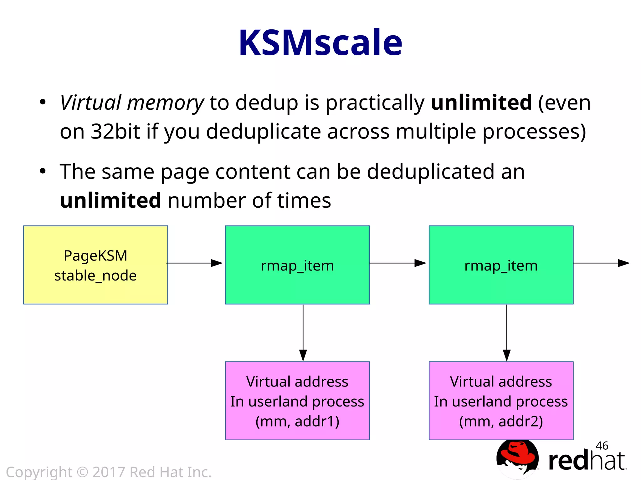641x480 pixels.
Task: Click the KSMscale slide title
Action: pyautogui.click(x=320, y=43)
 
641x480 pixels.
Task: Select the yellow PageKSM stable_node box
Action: pyautogui.click(x=95, y=265)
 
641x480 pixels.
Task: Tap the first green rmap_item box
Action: pyautogui.click(x=297, y=265)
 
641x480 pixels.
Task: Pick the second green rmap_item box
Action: pyautogui.click(x=501, y=265)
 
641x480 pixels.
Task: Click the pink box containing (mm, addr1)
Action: pyautogui.click(x=297, y=401)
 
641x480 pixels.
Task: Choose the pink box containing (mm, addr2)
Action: pyautogui.click(x=501, y=401)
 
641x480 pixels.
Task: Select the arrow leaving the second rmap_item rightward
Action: pyautogui.click(x=601, y=263)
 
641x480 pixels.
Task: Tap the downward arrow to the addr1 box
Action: pyautogui.click(x=303, y=333)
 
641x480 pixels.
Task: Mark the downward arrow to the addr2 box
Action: pyautogui.click(x=507, y=333)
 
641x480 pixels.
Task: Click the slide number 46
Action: pyautogui.click(x=602, y=446)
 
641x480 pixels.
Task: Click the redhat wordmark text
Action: pyautogui.click(x=587, y=461)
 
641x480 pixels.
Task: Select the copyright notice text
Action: pyautogui.click(x=109, y=472)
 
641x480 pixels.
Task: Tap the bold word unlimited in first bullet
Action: pyautogui.click(x=481, y=102)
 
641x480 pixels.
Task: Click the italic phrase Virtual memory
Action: pyautogui.click(x=132, y=103)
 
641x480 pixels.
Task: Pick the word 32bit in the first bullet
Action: pyautogui.click(x=115, y=131)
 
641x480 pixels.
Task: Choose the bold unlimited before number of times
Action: pyautogui.click(x=110, y=200)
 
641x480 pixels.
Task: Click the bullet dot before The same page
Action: pyautogui.click(x=43, y=171)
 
